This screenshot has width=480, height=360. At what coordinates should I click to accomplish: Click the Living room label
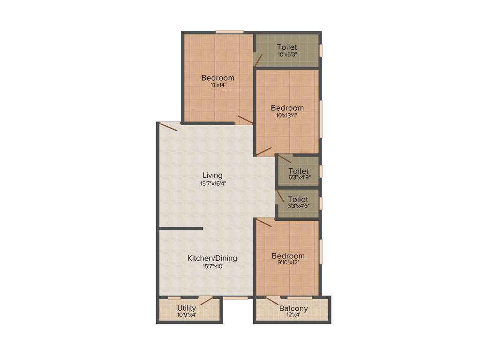coord(212,175)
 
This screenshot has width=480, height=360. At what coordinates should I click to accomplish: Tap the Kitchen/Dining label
coord(212,258)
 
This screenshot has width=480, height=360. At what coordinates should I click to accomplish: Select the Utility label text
coord(187,308)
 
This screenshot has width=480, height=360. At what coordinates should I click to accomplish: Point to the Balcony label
coord(293,308)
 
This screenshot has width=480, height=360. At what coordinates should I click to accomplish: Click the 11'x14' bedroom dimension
coord(218,85)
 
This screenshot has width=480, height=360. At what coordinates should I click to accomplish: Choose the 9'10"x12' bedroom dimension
coord(288,263)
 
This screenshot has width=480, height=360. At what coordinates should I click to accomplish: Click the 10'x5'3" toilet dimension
coord(287,54)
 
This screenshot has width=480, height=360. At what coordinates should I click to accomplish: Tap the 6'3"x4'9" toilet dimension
coord(299,178)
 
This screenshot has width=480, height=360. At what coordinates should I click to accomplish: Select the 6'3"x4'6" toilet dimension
coord(299,205)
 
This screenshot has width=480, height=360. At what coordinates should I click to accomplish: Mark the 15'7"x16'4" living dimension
coord(212,183)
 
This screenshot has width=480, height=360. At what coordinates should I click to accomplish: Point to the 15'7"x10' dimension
coord(212,266)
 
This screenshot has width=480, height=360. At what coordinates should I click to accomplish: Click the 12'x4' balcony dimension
coord(293,315)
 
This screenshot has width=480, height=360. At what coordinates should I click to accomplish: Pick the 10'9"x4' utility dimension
coord(187,315)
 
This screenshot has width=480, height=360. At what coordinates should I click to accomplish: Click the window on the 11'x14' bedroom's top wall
coord(230,32)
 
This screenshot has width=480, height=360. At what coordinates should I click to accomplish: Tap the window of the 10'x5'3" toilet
coord(321,50)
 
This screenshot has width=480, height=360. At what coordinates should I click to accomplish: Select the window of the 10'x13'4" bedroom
coord(321,119)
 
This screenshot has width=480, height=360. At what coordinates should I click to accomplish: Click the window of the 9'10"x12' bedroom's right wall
coord(321,252)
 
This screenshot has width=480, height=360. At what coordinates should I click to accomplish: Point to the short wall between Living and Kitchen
coord(181,229)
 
